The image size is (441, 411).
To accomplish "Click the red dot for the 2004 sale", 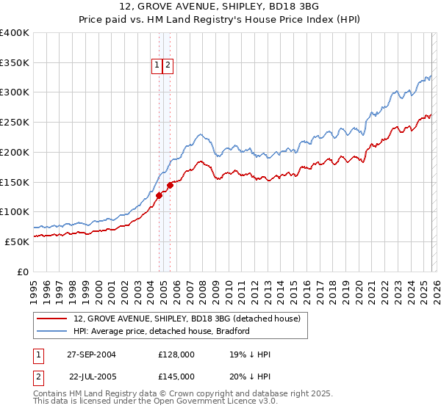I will click(159, 195).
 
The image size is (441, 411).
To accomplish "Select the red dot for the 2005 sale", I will click(170, 185).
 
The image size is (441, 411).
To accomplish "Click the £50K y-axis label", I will click(17, 241).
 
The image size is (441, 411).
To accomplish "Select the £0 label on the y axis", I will click(23, 272).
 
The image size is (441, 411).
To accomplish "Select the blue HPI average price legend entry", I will click(162, 331).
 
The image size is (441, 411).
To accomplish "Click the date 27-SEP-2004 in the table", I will click(91, 354).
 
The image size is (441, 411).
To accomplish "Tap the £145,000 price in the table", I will click(176, 377).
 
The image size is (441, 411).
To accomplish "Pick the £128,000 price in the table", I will click(176, 354).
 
